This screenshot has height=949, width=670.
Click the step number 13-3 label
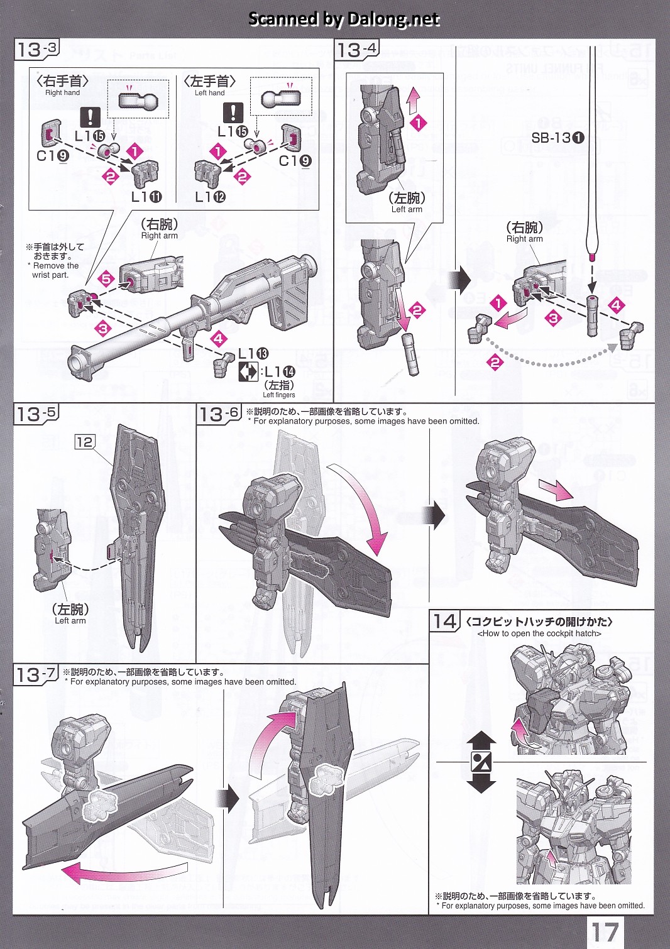(x=36, y=50)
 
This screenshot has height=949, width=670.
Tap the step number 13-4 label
(x=357, y=50)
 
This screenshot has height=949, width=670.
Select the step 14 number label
(x=445, y=622)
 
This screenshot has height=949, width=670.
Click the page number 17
(x=605, y=932)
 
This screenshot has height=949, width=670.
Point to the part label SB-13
(x=557, y=138)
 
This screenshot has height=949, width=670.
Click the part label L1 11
(x=146, y=197)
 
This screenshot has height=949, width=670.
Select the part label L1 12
(x=210, y=197)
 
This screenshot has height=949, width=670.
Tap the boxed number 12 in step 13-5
(x=84, y=442)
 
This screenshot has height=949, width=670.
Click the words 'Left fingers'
(x=279, y=395)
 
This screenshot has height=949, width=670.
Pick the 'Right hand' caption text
(x=62, y=92)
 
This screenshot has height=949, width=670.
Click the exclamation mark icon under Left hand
(x=233, y=113)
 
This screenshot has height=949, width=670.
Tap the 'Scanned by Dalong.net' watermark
(x=344, y=19)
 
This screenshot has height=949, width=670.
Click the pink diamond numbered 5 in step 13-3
(x=106, y=278)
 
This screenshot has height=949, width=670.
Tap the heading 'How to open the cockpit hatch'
(x=539, y=634)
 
